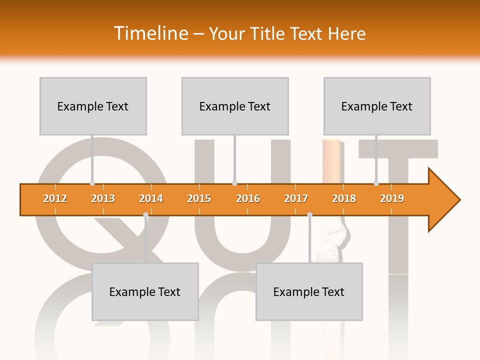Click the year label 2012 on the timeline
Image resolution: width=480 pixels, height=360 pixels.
tap(55, 198)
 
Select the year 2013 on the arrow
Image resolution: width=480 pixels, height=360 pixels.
tap(103, 198)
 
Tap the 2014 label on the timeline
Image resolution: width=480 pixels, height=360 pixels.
tap(151, 198)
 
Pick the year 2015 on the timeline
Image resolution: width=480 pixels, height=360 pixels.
tap(199, 198)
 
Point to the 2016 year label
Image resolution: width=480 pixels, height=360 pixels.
tap(248, 198)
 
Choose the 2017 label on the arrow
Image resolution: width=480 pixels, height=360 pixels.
tap(296, 198)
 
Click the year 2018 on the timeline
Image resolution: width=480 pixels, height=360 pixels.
tap(344, 198)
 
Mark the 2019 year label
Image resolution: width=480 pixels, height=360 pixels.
tap(392, 198)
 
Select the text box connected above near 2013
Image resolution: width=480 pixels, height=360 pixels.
tap(93, 106)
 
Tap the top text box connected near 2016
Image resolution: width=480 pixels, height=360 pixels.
tap(235, 106)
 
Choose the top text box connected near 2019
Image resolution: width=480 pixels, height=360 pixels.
tap(377, 106)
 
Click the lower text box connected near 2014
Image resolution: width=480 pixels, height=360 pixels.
tap(145, 291)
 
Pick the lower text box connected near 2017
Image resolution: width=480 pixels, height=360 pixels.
tap(309, 291)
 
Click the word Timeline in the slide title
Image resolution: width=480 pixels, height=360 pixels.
tap(150, 33)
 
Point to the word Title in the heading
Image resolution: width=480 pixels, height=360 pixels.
tap(269, 33)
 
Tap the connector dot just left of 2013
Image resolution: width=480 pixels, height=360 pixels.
tap(92, 183)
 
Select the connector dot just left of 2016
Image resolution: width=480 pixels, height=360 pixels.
tap(234, 183)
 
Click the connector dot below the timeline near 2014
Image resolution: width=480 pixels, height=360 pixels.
tap(145, 215)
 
